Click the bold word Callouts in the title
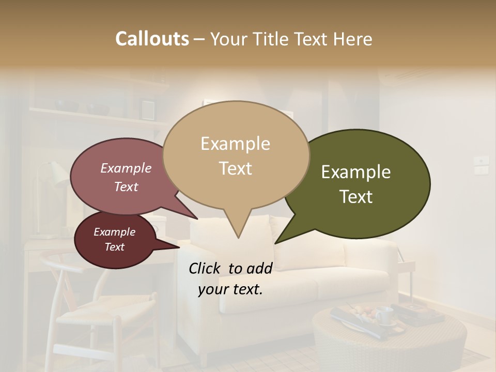tap(152, 39)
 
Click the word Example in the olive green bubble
tap(355, 172)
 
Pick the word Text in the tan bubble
tap(236, 168)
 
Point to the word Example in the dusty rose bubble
tap(126, 168)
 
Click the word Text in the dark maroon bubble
tap(114, 247)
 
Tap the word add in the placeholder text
tap(259, 268)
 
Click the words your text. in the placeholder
tap(230, 289)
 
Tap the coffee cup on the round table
tap(383, 315)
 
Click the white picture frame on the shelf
tap(148, 109)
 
